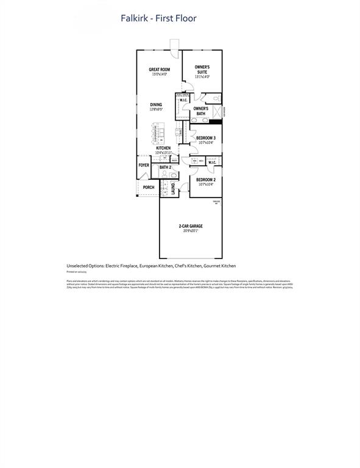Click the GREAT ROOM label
click(x=160, y=69)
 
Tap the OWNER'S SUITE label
click(x=202, y=69)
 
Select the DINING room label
click(x=157, y=105)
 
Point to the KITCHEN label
click(x=163, y=148)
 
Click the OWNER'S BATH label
click(x=201, y=111)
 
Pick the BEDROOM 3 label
click(x=206, y=138)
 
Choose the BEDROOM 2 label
click(x=206, y=180)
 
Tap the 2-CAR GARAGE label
click(x=191, y=226)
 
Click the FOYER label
click(x=144, y=165)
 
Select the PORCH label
click(x=148, y=187)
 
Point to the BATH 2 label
click(x=165, y=167)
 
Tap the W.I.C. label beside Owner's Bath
click(x=183, y=100)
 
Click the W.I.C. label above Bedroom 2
click(x=212, y=162)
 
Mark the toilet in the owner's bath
click(x=217, y=99)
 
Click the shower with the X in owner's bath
click(x=216, y=112)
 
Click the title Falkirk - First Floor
click(x=158, y=19)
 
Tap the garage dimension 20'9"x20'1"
click(x=191, y=231)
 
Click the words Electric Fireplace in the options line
click(x=121, y=266)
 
